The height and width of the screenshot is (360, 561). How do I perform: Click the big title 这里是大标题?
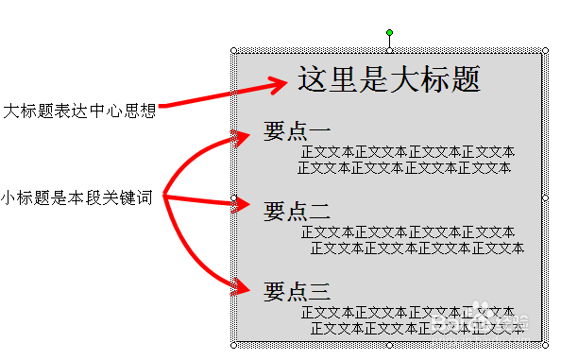pyautogui.click(x=389, y=79)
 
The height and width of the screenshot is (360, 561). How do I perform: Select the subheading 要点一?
pyautogui.click(x=297, y=131)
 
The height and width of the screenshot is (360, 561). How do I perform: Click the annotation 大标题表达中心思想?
pyautogui.click(x=78, y=111)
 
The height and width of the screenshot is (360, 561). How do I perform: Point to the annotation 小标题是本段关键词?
pyautogui.click(x=82, y=197)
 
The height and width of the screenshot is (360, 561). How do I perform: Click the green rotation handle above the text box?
pyautogui.click(x=389, y=33)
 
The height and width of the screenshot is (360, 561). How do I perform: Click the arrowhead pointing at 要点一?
pyautogui.click(x=237, y=138)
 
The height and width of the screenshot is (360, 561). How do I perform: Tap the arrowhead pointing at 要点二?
pyautogui.click(x=237, y=206)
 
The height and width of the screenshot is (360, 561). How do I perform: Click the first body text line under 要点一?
pyautogui.click(x=408, y=151)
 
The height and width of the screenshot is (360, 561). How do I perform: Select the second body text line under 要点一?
pyautogui.click(x=404, y=168)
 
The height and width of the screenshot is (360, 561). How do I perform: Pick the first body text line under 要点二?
pyautogui.click(x=408, y=231)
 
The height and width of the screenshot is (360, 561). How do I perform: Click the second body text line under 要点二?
pyautogui.click(x=416, y=248)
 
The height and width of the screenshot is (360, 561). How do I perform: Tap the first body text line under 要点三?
pyautogui.click(x=408, y=312)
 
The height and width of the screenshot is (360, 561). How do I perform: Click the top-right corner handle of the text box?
pyautogui.click(x=545, y=50)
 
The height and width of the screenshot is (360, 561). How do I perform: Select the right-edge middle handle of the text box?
pyautogui.click(x=545, y=197)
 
